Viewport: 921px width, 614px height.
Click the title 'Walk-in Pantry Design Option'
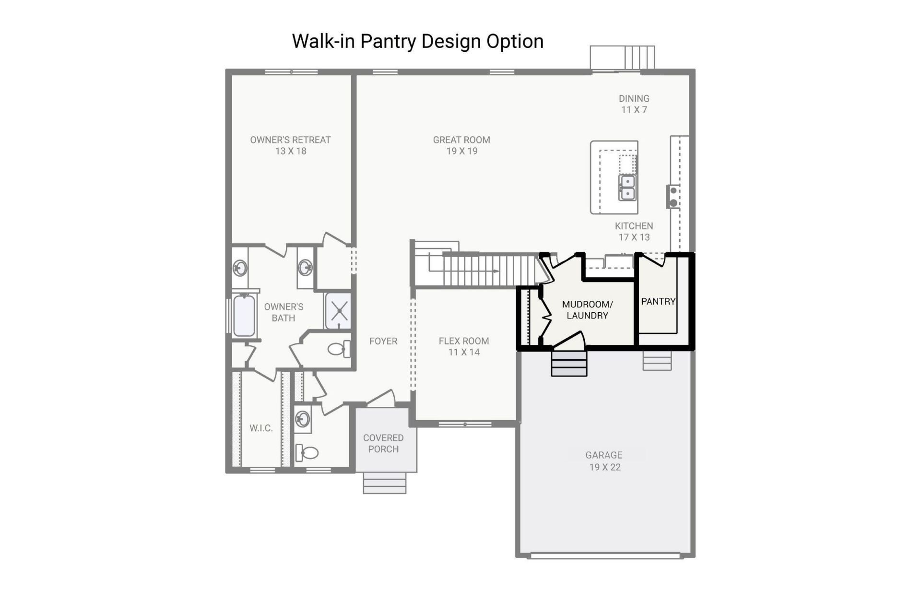click(x=417, y=41)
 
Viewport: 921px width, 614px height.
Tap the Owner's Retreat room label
click(x=290, y=145)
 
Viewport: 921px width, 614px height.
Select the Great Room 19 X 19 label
click(x=461, y=145)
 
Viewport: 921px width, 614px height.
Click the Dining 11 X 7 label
click(x=634, y=104)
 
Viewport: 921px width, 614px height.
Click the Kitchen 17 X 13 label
click(x=634, y=231)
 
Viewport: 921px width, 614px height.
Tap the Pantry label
click(x=658, y=301)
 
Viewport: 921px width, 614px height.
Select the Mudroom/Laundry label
click(x=587, y=310)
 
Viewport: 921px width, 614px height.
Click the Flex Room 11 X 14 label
click(x=463, y=346)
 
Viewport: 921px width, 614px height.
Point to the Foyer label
click(x=383, y=341)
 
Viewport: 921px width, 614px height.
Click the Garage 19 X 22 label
click(x=604, y=461)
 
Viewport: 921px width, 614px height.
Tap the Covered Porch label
click(x=383, y=443)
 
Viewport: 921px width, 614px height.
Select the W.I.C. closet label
click(x=261, y=428)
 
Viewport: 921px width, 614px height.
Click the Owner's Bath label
click(x=283, y=312)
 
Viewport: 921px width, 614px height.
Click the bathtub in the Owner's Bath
click(x=244, y=316)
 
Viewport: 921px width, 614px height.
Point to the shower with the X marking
click(x=339, y=311)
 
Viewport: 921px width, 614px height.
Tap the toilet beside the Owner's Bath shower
click(x=339, y=349)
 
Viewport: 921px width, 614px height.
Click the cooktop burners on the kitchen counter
click(x=673, y=197)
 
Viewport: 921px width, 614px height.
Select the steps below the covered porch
click(x=384, y=483)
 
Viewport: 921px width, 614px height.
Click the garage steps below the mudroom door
click(x=569, y=364)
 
